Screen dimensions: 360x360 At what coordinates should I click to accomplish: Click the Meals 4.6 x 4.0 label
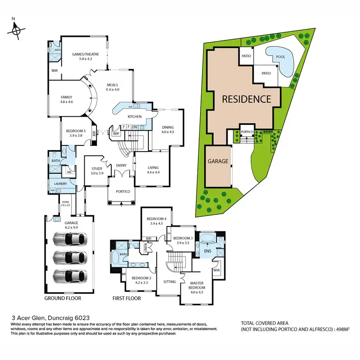(113, 86)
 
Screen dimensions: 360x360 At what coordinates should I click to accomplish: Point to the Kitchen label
(134, 117)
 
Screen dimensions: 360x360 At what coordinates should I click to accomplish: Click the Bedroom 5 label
(76, 133)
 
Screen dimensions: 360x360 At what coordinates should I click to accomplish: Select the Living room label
(153, 169)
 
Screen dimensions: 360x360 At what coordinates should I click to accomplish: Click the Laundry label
(60, 183)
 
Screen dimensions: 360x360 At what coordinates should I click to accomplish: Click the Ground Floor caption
(63, 298)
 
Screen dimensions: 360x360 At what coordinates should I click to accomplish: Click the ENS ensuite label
(208, 251)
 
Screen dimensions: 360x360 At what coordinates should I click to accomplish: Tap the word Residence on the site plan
(246, 99)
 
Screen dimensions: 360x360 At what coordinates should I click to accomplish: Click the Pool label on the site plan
(280, 56)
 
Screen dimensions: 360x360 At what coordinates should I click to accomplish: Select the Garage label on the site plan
(217, 161)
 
